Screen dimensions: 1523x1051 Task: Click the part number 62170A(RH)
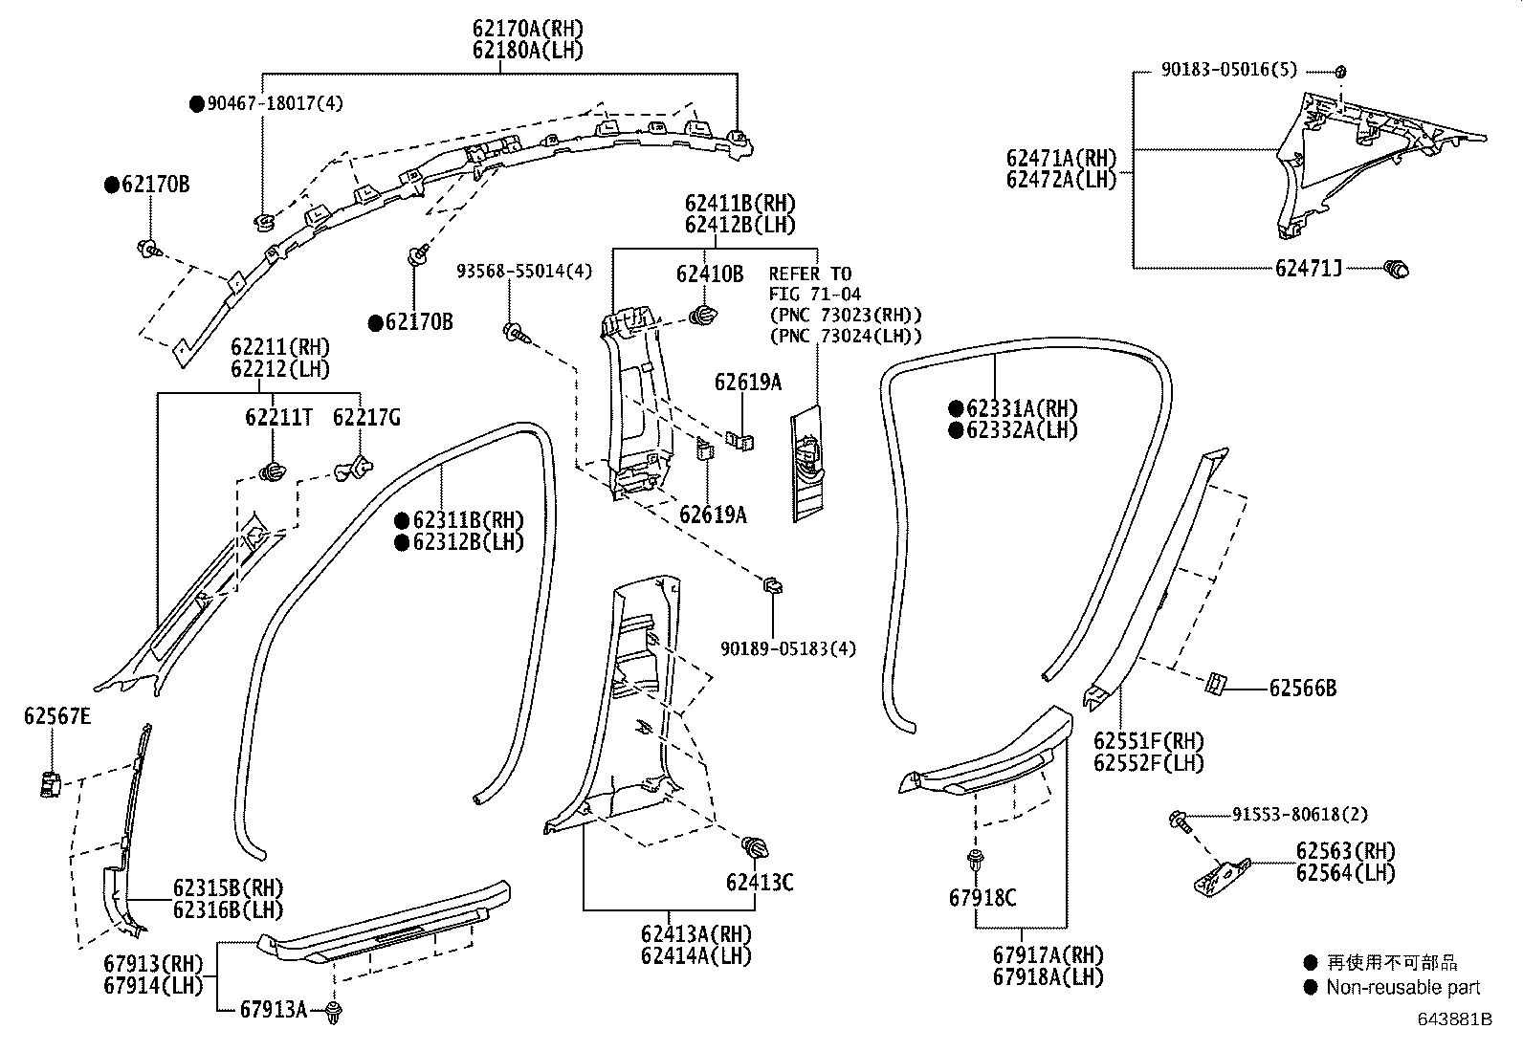[x=528, y=29]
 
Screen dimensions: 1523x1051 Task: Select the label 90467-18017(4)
[x=275, y=103]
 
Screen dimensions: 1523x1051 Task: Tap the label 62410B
[x=709, y=274]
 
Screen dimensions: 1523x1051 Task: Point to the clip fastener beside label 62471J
[x=1397, y=269]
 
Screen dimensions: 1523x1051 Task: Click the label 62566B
[x=1303, y=688]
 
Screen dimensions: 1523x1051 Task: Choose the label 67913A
[x=274, y=1010]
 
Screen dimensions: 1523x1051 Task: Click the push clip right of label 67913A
[x=333, y=1012]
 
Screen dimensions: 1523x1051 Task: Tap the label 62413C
[x=760, y=882]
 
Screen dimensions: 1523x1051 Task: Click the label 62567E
[x=57, y=716]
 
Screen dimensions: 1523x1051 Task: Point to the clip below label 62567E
[x=50, y=784]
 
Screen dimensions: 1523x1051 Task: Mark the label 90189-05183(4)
[x=788, y=648]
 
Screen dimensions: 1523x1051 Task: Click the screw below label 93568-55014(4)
[x=517, y=333]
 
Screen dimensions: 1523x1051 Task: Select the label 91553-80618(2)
[x=1300, y=814]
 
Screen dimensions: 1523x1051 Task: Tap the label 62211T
[x=278, y=417]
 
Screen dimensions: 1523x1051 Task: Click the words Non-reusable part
[x=1403, y=987]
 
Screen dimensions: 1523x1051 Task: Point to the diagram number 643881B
[x=1455, y=1019]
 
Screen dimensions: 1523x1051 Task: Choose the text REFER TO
[x=809, y=274]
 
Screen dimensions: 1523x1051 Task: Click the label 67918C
[x=982, y=897]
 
